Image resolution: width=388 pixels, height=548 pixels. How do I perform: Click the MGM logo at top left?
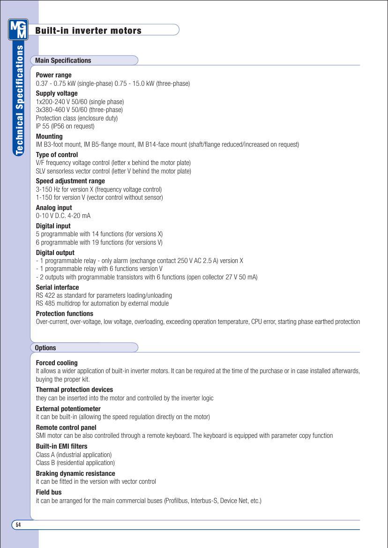[x=18, y=30]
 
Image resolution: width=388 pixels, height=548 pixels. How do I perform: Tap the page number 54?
[x=18, y=525]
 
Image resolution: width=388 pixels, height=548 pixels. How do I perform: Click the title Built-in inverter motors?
[x=88, y=31]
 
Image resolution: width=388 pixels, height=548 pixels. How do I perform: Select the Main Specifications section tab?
[x=63, y=60]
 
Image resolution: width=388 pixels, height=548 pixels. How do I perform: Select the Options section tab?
[x=45, y=348]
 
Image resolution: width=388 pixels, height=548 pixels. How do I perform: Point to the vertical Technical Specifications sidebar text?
[x=19, y=100]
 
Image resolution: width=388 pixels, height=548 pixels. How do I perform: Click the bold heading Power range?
[x=53, y=75]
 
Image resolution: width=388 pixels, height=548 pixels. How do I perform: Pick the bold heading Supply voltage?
[x=57, y=93]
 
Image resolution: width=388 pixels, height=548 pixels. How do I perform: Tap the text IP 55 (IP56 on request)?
[x=65, y=126]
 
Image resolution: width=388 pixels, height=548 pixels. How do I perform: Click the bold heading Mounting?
[x=49, y=136]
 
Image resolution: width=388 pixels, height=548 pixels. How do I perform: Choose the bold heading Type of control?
[x=57, y=155]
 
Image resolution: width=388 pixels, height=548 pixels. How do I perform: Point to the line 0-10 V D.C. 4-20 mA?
[x=63, y=216]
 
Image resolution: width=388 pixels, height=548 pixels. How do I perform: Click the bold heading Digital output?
[x=55, y=253]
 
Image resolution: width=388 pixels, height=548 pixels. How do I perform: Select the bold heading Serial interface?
[x=57, y=287]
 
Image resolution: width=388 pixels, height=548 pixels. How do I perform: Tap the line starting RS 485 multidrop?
[x=102, y=303]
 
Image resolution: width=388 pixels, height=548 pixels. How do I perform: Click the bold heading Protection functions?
[x=64, y=314]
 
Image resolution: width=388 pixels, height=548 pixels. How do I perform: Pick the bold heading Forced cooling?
[x=57, y=363]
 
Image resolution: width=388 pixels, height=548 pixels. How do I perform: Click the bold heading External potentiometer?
[x=68, y=409]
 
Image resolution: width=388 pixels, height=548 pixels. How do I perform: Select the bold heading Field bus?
[x=49, y=492]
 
